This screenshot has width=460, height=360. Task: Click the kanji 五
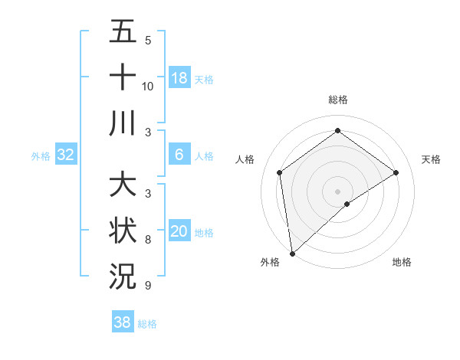point(123,34)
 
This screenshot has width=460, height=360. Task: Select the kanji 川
point(123,122)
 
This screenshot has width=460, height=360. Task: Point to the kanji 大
point(123,186)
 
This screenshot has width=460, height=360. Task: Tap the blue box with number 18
point(179,78)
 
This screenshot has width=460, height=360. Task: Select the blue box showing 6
point(179,155)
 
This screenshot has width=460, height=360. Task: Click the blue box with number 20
point(179,231)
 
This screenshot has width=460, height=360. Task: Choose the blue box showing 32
point(66,155)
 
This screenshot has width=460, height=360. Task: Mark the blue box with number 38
point(123,322)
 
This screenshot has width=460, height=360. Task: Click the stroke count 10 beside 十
point(148,86)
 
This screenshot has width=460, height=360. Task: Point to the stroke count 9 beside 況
point(148,286)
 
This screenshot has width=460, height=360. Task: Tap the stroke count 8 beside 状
point(148,241)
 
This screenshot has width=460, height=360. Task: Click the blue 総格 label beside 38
point(147,324)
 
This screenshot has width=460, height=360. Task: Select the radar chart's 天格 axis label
point(431,159)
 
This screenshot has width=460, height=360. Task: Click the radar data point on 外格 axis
point(292,253)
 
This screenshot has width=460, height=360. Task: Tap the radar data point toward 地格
point(347,204)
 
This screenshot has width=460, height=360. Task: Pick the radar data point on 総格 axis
point(337,131)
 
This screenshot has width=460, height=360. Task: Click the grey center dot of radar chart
point(337,190)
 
